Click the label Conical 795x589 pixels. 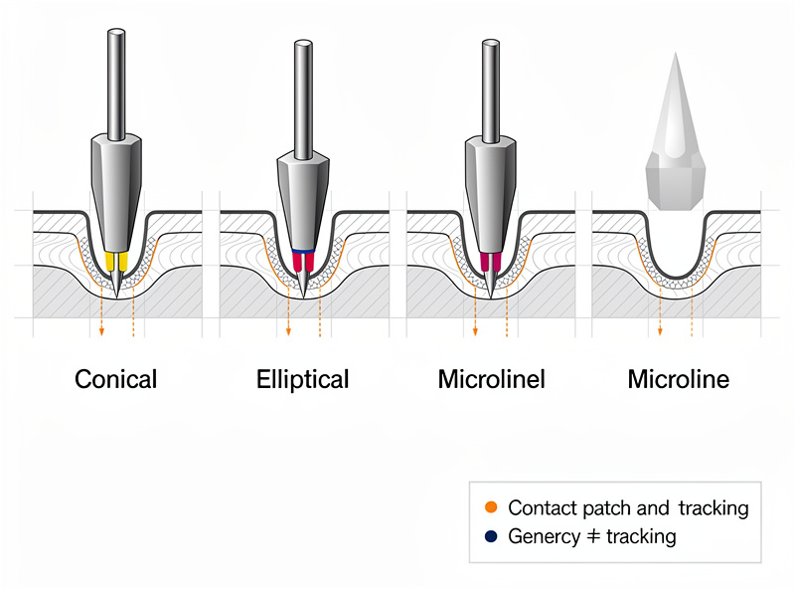115,379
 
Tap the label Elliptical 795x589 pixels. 303,380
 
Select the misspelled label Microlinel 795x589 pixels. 491,379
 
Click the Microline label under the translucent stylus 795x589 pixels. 679,379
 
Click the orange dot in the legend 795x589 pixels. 491,507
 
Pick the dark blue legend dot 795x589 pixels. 491,536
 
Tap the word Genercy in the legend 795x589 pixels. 544,537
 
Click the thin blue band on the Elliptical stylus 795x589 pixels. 303,252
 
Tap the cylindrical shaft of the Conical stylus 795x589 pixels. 116,85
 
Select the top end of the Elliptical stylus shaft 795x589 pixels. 303,44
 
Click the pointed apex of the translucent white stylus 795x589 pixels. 676,53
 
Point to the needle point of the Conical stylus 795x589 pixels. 116,296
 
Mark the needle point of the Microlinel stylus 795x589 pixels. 490,296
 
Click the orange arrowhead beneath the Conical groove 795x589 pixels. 102,331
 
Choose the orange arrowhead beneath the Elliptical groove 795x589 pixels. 288,332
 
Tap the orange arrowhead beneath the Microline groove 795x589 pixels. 660,332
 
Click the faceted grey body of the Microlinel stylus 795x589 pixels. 491,194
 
